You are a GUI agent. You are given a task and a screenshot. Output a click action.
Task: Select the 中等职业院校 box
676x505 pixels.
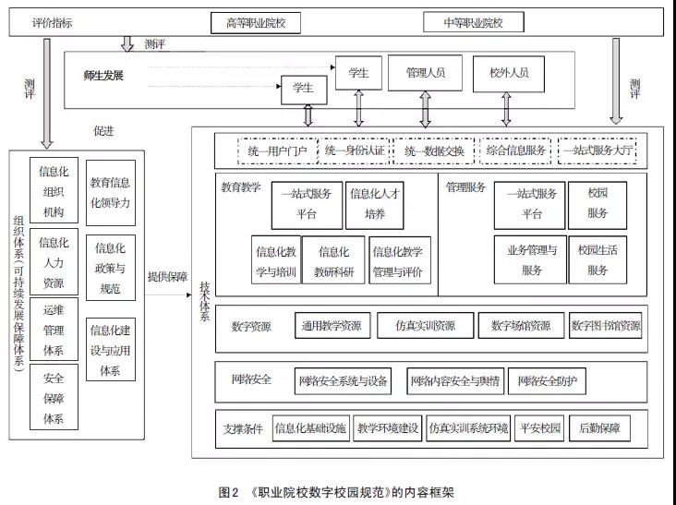point(474,22)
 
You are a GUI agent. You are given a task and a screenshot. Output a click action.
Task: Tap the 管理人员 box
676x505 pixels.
point(427,72)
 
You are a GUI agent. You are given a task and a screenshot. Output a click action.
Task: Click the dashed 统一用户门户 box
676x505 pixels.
point(274,150)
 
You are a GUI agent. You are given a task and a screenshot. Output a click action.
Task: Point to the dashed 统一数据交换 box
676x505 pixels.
point(434,150)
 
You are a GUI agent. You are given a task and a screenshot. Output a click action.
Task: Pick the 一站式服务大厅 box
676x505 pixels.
point(604,150)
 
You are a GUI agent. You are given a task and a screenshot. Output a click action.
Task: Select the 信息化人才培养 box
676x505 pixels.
point(374,204)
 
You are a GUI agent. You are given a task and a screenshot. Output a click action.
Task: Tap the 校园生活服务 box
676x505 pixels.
point(598,259)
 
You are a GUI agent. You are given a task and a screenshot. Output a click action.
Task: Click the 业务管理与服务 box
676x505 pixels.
point(530,259)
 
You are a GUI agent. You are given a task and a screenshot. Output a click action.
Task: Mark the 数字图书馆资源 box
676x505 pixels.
point(605,326)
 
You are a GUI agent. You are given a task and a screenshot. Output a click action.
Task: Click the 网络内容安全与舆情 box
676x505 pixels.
point(455,380)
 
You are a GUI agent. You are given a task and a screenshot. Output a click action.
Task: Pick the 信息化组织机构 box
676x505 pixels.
point(54,191)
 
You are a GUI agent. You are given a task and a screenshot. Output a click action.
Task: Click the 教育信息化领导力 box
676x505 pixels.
point(111,191)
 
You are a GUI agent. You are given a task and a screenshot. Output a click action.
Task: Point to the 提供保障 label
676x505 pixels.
point(167,276)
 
